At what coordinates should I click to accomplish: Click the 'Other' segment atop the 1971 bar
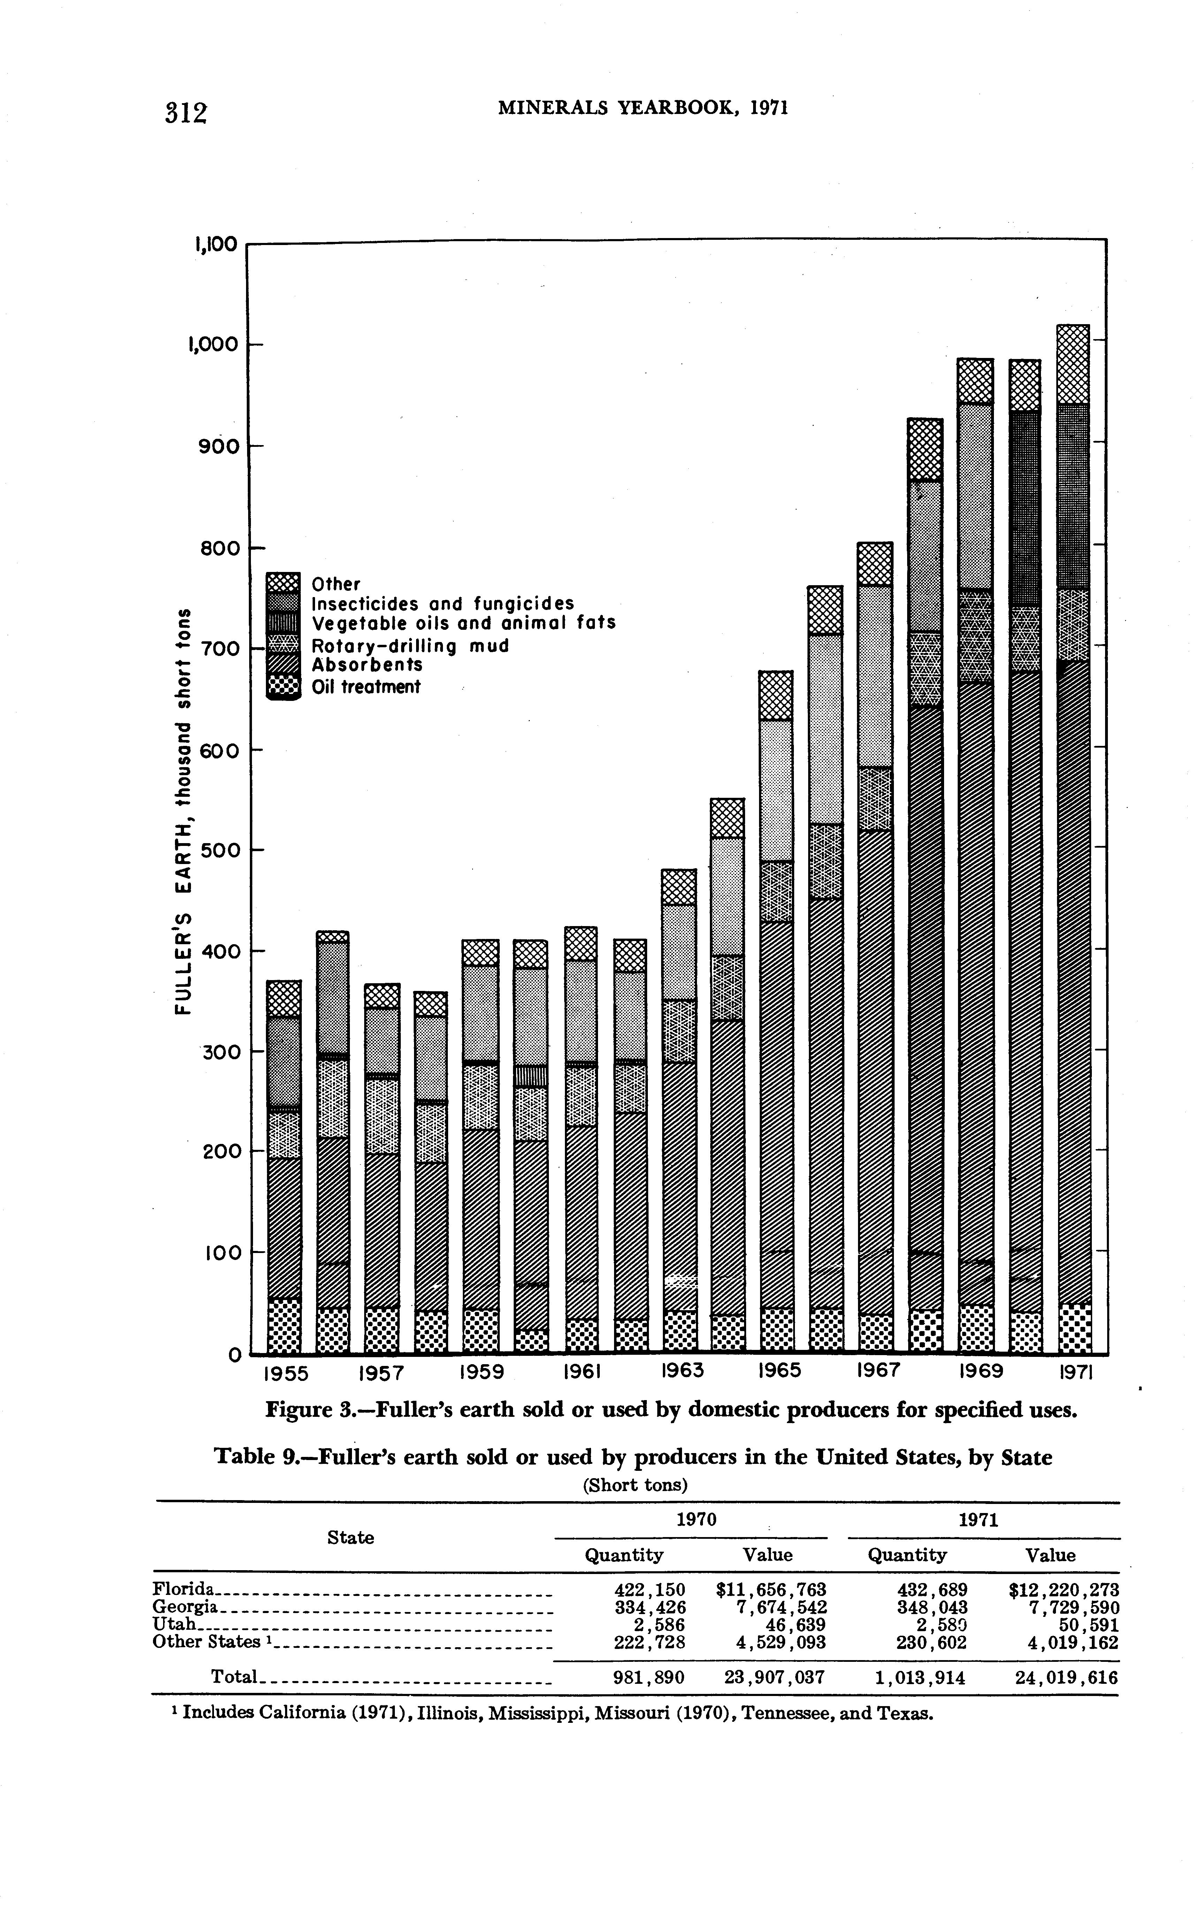coord(1072,364)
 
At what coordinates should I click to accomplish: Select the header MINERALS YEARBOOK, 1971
coord(644,107)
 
